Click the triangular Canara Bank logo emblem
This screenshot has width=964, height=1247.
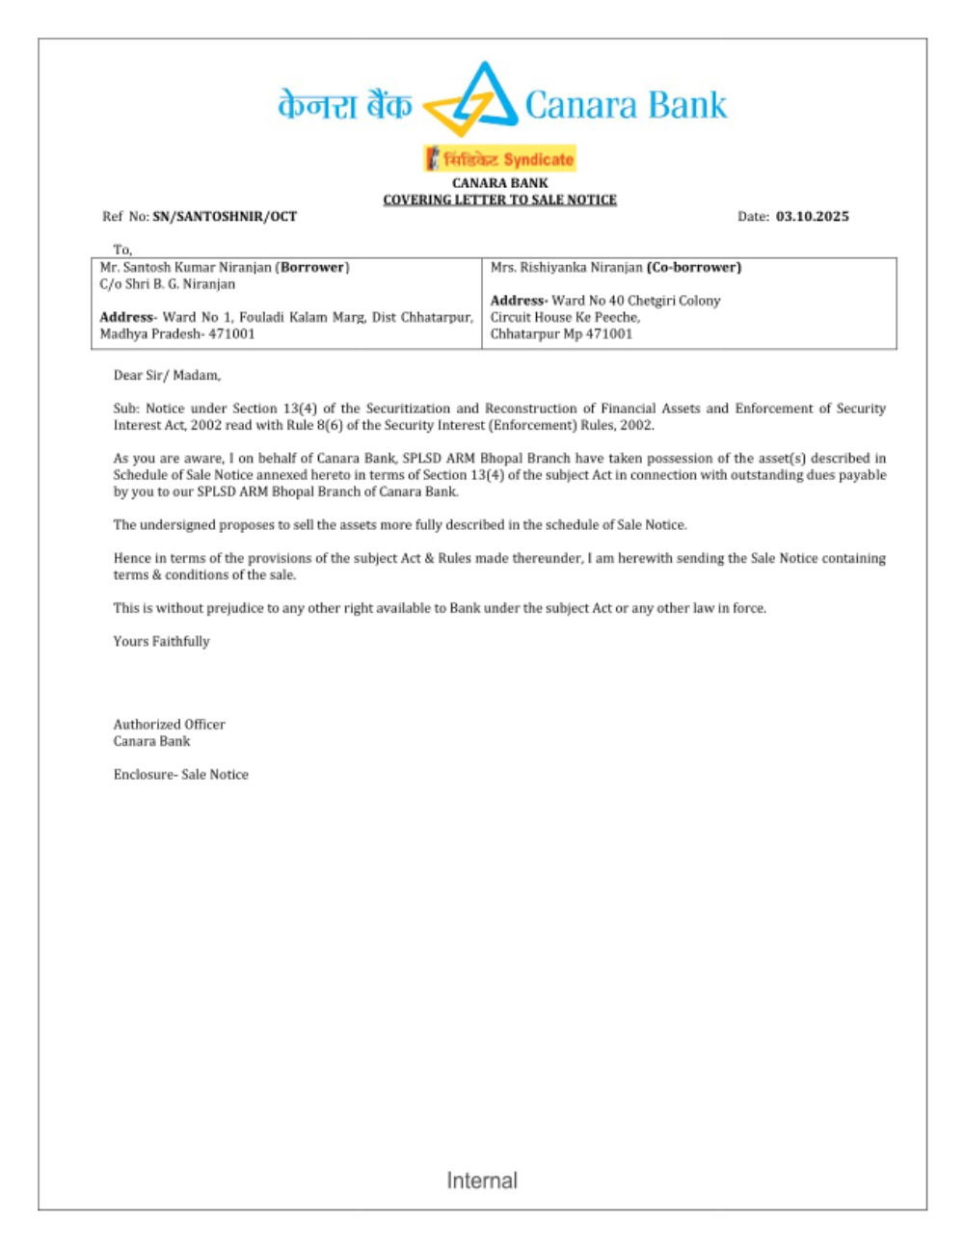tap(471, 100)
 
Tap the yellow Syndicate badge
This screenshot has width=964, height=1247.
tap(499, 159)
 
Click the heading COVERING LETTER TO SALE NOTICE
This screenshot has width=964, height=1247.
tap(499, 199)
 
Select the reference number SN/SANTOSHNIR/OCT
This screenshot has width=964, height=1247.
tap(225, 217)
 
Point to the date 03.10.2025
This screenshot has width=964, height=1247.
tap(812, 217)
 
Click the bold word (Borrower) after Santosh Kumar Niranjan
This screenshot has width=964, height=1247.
tap(312, 267)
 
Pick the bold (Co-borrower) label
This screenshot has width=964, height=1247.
tap(693, 267)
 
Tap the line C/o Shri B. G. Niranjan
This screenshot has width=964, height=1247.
tap(168, 284)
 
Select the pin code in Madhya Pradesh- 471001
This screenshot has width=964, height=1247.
tap(232, 334)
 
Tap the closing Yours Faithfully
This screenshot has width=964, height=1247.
tap(161, 641)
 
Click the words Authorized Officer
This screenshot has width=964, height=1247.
tap(169, 724)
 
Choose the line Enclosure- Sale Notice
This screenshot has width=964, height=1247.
tap(180, 774)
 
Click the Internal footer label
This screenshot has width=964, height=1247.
tap(482, 1181)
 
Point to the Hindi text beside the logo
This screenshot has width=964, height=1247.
tap(344, 105)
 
